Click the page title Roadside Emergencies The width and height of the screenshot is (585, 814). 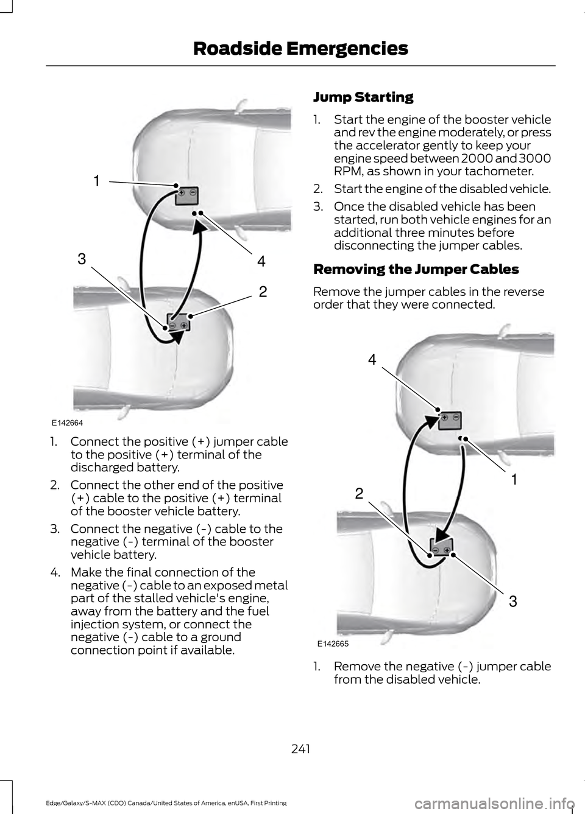coord(300,48)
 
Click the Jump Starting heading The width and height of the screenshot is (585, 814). coord(363,97)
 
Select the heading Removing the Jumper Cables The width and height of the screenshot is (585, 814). coord(416,269)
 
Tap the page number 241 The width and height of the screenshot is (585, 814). coord(300,748)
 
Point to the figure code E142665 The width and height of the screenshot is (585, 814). coord(333,643)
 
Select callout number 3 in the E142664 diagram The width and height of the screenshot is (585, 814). coord(82,259)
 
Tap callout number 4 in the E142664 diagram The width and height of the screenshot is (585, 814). coord(261,262)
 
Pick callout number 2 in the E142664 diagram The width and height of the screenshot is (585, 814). coord(262,292)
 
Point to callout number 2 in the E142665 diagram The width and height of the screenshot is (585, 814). coord(359,493)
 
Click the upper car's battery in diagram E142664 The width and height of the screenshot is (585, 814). coord(187,195)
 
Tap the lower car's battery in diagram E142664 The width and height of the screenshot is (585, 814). coord(179,322)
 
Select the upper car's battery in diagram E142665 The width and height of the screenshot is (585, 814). coord(450,419)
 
